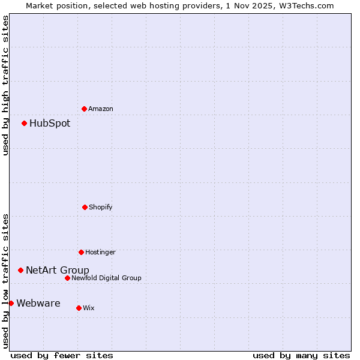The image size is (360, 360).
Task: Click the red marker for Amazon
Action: point(85,109)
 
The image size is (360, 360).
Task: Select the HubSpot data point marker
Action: point(25,123)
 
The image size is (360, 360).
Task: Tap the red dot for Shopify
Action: point(85,207)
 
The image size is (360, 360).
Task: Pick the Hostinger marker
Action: point(81,252)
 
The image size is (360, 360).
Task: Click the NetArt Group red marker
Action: point(21,270)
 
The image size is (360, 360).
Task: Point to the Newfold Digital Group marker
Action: point(67,278)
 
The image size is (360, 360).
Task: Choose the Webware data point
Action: point(11,303)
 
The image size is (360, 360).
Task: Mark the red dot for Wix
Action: point(79,308)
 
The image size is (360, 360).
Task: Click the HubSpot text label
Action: point(50,124)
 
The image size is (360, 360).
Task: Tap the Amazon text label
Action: point(101,109)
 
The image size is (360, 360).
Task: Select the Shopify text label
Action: point(101,208)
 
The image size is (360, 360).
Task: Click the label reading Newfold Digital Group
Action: point(106,278)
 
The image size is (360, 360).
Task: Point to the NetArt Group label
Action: point(58,271)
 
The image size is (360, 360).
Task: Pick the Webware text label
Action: point(38,304)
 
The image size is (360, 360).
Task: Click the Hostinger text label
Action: point(100,253)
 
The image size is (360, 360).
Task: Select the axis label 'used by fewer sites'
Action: point(62,355)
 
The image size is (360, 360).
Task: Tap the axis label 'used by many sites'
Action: point(301,355)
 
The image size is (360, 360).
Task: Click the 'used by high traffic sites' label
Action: point(6,85)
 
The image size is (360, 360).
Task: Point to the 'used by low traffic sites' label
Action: point(6,280)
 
